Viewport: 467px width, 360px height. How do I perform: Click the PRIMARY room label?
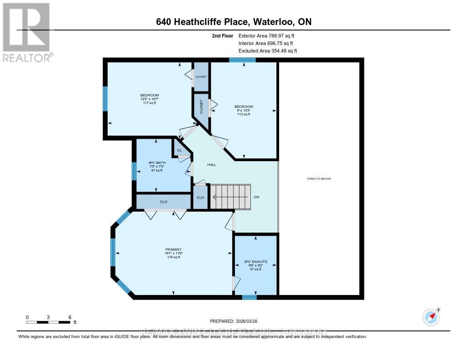pos(173,249)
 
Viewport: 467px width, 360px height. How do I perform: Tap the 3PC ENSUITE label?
pos(255,262)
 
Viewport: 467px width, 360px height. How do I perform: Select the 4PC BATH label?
pos(156,162)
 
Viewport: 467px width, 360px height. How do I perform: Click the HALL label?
pos(212,165)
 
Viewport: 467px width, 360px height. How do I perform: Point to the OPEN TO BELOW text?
pos(319,178)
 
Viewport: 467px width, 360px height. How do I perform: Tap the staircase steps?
pos(230,197)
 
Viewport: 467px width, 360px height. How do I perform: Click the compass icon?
pos(431,317)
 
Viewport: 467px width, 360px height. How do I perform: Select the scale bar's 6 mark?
pos(70,317)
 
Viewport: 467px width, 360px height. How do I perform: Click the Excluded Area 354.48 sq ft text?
pos(268,51)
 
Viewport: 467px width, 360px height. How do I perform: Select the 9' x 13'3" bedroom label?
pos(244,110)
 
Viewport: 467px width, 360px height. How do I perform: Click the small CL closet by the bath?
pos(179,150)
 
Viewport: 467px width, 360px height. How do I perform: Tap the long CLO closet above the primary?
pos(163,201)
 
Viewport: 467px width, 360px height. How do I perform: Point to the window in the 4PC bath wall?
pos(135,171)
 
